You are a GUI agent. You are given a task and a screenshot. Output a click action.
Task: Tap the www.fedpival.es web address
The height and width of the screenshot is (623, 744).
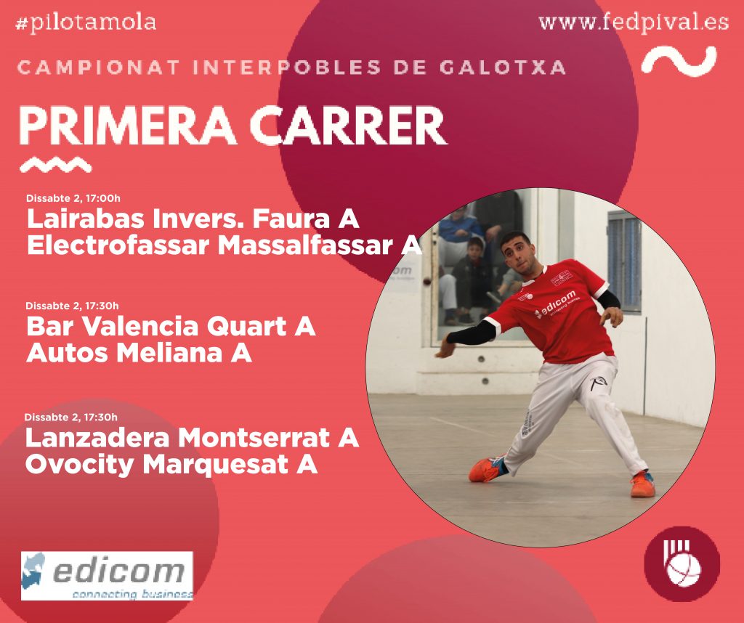(634, 23)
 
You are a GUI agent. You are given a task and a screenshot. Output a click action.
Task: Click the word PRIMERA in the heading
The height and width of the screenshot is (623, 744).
(128, 126)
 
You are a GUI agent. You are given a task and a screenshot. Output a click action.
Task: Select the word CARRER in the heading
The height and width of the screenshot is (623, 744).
(348, 126)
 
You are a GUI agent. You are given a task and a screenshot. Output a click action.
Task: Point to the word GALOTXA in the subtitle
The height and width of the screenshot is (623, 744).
(503, 68)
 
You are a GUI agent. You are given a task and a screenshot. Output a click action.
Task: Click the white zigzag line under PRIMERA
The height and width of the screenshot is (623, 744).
(55, 165)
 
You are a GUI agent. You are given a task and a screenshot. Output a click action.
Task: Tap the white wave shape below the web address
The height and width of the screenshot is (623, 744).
(679, 61)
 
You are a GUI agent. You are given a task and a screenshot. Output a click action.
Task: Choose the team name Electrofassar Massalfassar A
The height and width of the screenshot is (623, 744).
(225, 245)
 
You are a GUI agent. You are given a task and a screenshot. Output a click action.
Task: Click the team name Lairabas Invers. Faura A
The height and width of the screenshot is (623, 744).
(193, 219)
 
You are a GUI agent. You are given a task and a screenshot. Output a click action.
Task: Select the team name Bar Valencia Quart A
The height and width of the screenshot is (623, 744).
(171, 327)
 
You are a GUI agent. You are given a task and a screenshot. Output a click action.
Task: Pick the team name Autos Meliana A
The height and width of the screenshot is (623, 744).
(139, 353)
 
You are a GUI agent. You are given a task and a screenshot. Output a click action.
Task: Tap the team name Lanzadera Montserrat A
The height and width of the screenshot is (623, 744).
(192, 438)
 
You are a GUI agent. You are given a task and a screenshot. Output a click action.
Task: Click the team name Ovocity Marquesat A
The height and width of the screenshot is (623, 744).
(171, 465)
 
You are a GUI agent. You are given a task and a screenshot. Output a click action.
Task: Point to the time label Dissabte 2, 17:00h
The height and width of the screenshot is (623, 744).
(73, 198)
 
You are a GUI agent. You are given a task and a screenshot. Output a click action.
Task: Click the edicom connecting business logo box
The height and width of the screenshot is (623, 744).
(108, 576)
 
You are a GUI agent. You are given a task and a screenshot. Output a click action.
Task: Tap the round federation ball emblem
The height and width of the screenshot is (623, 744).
(682, 563)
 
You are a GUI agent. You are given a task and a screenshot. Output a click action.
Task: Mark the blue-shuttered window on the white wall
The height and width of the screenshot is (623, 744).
(624, 261)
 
